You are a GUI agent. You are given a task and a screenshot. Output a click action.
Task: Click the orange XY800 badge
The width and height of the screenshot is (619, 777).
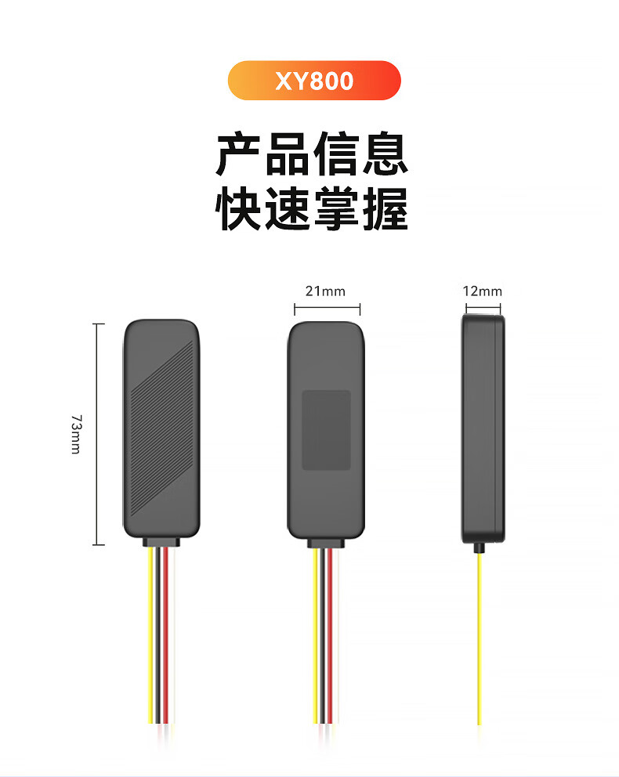[x=313, y=81]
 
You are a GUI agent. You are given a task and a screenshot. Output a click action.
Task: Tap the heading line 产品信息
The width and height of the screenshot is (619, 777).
[x=312, y=154]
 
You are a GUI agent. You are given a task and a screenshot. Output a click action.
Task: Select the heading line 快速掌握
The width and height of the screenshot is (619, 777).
[x=312, y=208]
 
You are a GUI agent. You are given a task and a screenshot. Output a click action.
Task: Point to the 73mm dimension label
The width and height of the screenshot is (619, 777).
[x=75, y=434]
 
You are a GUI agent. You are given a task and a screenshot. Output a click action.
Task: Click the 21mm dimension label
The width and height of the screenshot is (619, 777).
[x=325, y=291]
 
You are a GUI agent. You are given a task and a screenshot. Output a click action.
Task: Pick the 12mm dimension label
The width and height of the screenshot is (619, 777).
[x=482, y=291]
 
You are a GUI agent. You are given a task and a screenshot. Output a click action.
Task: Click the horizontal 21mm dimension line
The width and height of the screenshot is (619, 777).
[x=327, y=309]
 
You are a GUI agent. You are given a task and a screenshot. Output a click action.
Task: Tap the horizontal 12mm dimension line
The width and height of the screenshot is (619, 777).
[x=482, y=308]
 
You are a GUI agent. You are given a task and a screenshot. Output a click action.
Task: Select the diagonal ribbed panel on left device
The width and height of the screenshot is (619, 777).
[x=161, y=435]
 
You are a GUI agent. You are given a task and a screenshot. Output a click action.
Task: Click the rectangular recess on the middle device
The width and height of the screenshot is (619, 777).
[x=326, y=430]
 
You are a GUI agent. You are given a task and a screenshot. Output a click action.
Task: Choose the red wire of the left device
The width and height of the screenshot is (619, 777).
[x=165, y=634]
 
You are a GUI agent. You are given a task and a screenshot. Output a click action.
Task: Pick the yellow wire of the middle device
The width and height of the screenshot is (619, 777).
[x=316, y=634]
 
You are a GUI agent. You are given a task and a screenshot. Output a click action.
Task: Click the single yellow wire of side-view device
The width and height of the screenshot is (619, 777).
[x=479, y=634]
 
